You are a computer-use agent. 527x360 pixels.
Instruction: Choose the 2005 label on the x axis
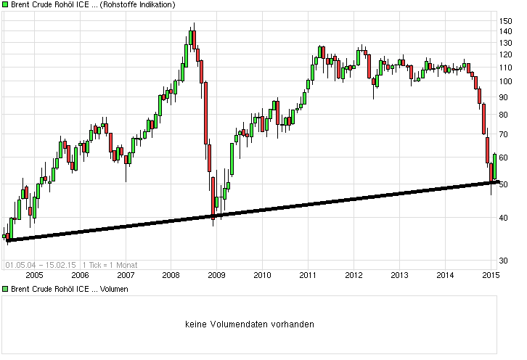pyautogui.click(x=34, y=275)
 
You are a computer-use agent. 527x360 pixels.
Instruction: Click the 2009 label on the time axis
pyautogui.click(x=216, y=275)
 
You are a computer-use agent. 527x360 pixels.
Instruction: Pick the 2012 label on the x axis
pyautogui.click(x=354, y=275)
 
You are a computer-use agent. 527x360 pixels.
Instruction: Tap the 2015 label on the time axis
pyautogui.click(x=491, y=275)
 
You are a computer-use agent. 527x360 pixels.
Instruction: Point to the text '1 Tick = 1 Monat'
pyautogui.click(x=110, y=265)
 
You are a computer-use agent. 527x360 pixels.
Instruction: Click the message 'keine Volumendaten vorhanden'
pyautogui.click(x=249, y=324)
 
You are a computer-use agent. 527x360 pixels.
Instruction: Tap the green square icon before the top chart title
pyautogui.click(x=5, y=5)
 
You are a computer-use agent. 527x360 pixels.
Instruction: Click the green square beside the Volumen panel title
pyautogui.click(x=5, y=289)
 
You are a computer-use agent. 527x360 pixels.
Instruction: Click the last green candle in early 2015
pyautogui.click(x=494, y=166)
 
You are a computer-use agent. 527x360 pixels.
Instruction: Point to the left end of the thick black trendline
pyautogui.click(x=7, y=240)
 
